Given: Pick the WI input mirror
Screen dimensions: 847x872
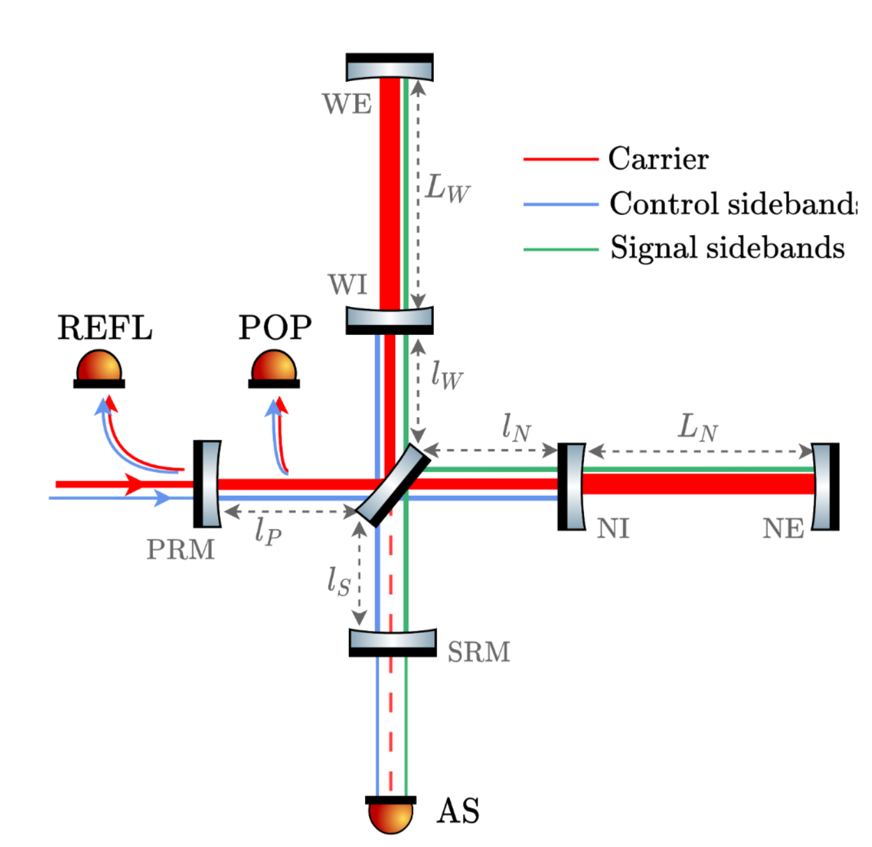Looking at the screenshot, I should [389, 319].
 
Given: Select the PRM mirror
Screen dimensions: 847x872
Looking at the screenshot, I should [208, 483].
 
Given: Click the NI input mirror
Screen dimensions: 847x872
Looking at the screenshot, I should [572, 487].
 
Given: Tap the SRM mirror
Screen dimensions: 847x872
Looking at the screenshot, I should [393, 643].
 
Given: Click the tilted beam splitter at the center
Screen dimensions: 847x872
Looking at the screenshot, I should [393, 485].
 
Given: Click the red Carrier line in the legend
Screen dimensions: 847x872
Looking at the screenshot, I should [560, 159].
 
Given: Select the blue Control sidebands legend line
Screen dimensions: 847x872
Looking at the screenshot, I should [560, 204].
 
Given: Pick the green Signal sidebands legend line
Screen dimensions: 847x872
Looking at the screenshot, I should [560, 249].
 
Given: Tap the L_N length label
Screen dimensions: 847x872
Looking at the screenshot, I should [698, 428].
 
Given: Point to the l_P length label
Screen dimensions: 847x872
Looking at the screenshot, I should [268, 530].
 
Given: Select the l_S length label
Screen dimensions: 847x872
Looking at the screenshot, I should [339, 581].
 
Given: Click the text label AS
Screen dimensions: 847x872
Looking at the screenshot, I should [458, 811].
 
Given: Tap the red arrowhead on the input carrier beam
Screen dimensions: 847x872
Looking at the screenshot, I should [135, 484].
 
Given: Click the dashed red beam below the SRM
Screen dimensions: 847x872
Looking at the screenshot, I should [391, 718].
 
